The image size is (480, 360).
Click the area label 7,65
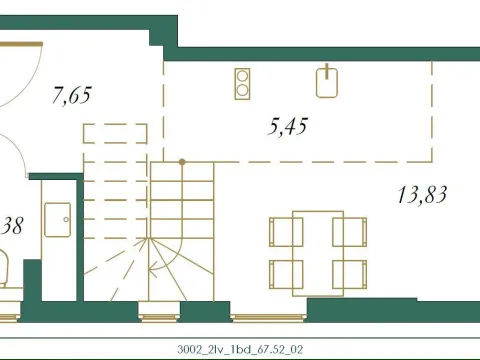pos(71,96)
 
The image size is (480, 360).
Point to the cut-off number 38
pos(12,225)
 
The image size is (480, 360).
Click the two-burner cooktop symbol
pos(242,82)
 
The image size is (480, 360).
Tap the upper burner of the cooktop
pos(242,74)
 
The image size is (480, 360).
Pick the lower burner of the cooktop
pos(242,90)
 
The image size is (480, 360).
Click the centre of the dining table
pos(318,251)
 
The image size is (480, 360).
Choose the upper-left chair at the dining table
pos(279,232)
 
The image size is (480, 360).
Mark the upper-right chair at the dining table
pos(357,232)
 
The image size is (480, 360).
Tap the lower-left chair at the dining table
pos(279,271)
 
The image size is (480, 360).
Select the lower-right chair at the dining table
pos(357,271)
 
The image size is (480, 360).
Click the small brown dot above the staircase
pos(181,161)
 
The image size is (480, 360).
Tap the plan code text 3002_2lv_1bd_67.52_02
pos(239,349)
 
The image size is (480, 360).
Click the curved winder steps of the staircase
pos(160,255)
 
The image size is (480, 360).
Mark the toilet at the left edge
pos(4,268)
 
